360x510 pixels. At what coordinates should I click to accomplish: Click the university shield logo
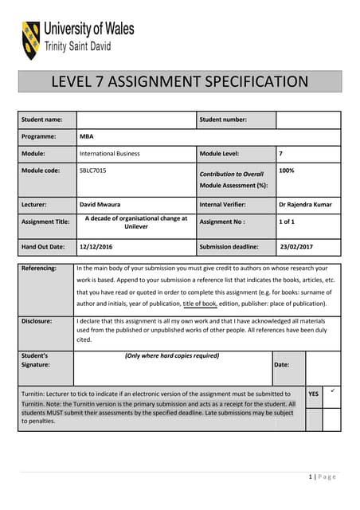(x=31, y=41)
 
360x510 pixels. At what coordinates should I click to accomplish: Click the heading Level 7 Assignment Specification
(x=179, y=81)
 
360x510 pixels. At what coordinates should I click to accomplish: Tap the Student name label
(x=42, y=120)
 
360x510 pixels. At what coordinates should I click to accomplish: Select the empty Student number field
(x=308, y=120)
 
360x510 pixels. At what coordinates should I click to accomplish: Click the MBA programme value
(x=86, y=136)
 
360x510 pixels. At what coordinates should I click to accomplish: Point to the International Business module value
(x=109, y=153)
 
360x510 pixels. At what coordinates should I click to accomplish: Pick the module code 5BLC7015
(x=93, y=171)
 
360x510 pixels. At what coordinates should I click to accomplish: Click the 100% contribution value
(x=288, y=171)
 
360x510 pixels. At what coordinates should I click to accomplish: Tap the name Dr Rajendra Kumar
(x=305, y=204)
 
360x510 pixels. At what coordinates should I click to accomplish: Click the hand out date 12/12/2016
(x=96, y=247)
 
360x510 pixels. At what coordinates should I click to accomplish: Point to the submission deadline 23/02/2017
(x=297, y=247)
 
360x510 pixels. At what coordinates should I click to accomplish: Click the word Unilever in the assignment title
(x=136, y=227)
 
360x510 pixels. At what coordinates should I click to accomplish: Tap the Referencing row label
(x=39, y=269)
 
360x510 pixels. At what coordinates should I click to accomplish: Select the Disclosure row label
(x=37, y=321)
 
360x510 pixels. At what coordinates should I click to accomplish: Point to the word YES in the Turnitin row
(x=314, y=394)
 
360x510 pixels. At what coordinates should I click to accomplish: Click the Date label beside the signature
(x=281, y=364)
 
